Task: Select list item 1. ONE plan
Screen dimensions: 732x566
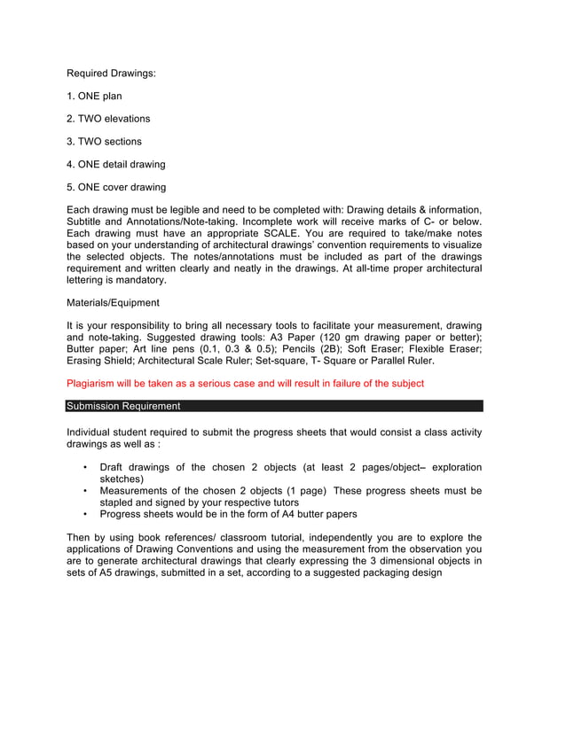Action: [x=95, y=96]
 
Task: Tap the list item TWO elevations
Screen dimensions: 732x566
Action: [x=109, y=119]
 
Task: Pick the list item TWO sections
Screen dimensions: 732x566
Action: [x=105, y=142]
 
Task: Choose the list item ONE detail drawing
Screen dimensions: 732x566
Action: [x=116, y=165]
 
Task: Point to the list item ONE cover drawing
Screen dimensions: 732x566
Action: [x=116, y=187]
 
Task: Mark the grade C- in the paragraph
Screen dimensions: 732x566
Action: [x=431, y=222]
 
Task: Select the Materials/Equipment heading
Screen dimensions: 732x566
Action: [x=114, y=303]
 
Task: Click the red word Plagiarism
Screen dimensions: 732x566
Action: [x=92, y=384]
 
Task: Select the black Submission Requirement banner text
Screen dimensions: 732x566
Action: [x=123, y=407]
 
